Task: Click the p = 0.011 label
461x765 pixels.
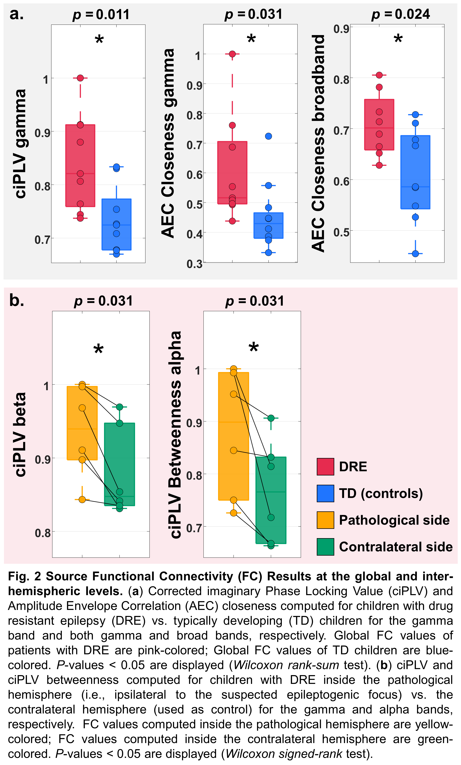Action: coord(101,15)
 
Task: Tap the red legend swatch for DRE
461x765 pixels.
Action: coord(325,466)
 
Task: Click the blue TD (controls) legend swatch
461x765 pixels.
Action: coord(325,493)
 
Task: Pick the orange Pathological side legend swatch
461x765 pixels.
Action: coord(325,520)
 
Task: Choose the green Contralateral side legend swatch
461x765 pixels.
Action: coord(325,546)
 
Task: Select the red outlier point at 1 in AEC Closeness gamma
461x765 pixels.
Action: coord(232,54)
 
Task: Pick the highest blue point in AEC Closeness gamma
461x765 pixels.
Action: coord(268,136)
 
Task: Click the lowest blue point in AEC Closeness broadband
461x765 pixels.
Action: coord(415,254)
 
